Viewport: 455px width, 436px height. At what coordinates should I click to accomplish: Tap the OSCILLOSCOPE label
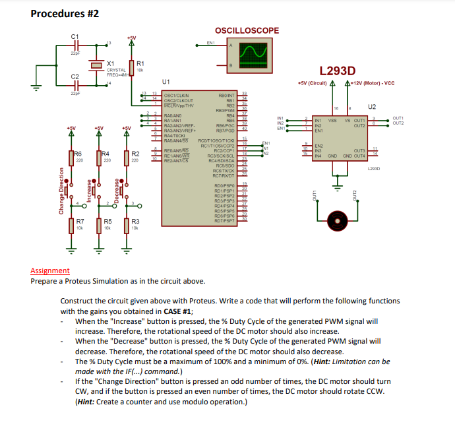click(247, 30)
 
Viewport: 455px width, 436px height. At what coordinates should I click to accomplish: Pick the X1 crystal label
click(111, 63)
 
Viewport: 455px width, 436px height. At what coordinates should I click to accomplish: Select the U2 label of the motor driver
click(372, 106)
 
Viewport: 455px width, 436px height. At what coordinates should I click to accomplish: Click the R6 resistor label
click(78, 154)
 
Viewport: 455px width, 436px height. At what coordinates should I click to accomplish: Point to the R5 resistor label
click(107, 221)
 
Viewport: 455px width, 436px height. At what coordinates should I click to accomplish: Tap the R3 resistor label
click(135, 221)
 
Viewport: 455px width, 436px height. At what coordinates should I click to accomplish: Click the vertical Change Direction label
click(61, 191)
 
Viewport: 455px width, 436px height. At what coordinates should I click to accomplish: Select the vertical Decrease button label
click(117, 190)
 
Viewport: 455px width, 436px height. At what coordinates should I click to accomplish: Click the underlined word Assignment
click(49, 270)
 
